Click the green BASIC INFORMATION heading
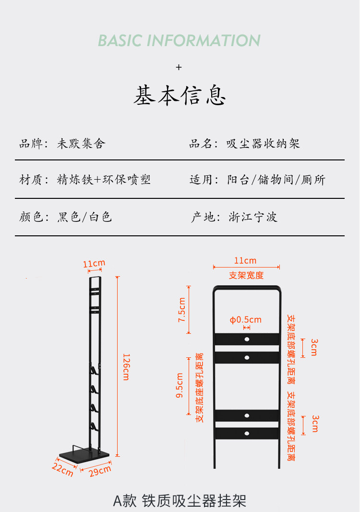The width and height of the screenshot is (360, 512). tap(179, 40)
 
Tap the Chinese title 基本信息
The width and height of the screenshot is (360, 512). tap(180, 96)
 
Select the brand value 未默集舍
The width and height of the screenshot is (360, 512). tap(81, 144)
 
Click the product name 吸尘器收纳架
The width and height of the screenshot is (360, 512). tap(264, 144)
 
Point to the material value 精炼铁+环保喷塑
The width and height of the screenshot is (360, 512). tap(104, 180)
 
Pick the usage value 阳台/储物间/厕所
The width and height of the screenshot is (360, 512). tap(276, 180)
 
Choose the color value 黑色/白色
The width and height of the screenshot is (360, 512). tap(84, 217)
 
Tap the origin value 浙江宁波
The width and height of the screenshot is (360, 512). tap(253, 217)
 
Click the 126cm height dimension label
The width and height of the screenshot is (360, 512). tap(126, 367)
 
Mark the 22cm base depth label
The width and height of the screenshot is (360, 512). tap(62, 469)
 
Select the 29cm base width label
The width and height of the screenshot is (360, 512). tap(100, 471)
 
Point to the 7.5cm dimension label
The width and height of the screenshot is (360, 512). tap(182, 310)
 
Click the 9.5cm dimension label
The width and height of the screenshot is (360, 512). tap(180, 386)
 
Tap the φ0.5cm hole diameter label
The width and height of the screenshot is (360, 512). tap(246, 320)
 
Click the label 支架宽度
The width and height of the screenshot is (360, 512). tap(246, 275)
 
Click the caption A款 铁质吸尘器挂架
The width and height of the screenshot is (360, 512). tap(180, 500)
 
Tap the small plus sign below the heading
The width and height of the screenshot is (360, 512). tap(179, 67)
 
